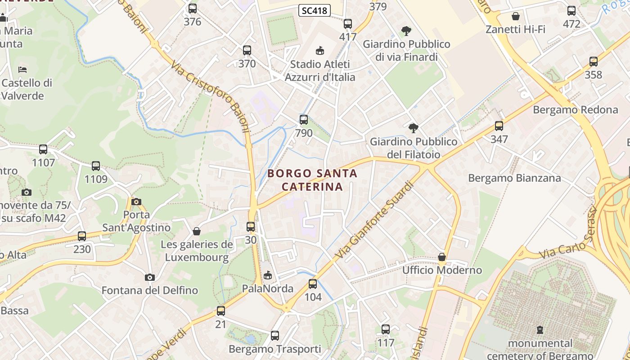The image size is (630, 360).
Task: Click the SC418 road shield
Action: [x=315, y=10]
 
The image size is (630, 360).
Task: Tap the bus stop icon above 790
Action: [x=304, y=120]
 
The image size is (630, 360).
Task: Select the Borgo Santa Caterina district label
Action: [x=312, y=180]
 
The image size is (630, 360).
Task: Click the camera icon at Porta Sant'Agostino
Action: [x=136, y=202]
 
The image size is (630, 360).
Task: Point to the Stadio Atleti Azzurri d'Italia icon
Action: [x=320, y=50]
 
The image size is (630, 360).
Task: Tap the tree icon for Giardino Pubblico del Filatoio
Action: [x=413, y=128]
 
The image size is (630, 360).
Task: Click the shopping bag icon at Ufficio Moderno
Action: [x=442, y=257]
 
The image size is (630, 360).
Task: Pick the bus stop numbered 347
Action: [x=499, y=126]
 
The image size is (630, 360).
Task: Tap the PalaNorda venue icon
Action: [x=268, y=275]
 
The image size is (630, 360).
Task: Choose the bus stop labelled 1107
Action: [x=43, y=149]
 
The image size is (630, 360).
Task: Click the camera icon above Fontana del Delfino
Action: [x=150, y=277]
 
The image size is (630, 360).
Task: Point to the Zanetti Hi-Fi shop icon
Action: [x=516, y=17]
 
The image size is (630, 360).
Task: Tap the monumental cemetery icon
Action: [x=540, y=330]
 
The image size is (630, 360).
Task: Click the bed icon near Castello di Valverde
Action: [x=22, y=69]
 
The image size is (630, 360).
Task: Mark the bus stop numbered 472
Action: [x=571, y=11]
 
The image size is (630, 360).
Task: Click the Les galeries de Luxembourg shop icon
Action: [x=197, y=231]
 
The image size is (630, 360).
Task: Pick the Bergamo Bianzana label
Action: [x=514, y=178]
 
